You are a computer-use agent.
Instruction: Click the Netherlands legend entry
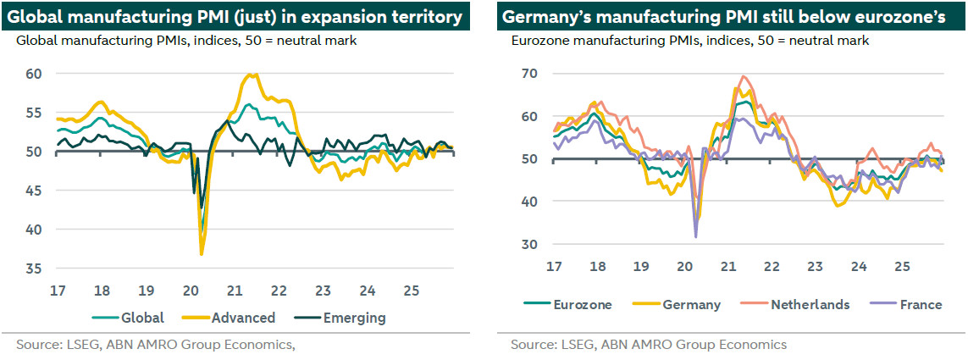pyautogui.click(x=810, y=304)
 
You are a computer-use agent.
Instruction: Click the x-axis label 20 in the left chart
pyautogui.click(x=191, y=291)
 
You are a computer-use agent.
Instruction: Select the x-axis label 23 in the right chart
pyautogui.click(x=815, y=267)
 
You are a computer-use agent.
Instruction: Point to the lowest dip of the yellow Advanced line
pyautogui.click(x=202, y=254)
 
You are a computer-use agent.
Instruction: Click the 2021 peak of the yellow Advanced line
pyautogui.click(x=252, y=75)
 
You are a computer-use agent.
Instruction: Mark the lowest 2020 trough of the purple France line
pyautogui.click(x=695, y=236)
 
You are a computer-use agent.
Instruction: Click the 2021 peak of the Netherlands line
pyautogui.click(x=744, y=76)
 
